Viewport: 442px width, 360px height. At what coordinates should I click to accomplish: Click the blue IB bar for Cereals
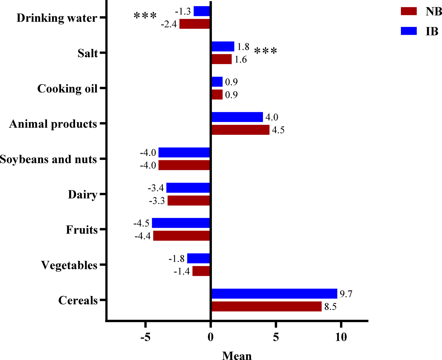(274, 294)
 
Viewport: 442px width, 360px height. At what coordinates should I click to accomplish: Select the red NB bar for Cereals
(266, 306)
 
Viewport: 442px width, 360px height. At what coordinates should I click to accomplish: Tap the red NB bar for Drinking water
(195, 24)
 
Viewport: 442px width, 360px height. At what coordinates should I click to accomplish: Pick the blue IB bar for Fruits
(181, 223)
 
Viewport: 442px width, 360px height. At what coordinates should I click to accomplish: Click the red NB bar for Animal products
(241, 130)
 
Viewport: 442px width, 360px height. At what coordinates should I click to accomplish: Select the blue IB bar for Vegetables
(199, 258)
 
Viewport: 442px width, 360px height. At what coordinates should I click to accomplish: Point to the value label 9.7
(346, 294)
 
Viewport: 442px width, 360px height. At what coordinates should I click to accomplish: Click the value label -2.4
(169, 25)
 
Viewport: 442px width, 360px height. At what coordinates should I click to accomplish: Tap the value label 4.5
(278, 130)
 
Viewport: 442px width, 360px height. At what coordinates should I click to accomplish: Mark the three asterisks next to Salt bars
(265, 51)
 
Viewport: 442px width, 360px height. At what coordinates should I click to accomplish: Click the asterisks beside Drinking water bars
(145, 16)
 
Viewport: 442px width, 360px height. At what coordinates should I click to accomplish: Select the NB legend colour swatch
(409, 11)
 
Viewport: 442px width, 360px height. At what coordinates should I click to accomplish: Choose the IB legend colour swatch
(409, 31)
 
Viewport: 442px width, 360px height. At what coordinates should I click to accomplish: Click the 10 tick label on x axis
(341, 337)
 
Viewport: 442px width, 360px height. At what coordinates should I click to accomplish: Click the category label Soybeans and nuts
(48, 159)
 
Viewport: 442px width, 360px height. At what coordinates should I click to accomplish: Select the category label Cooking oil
(67, 89)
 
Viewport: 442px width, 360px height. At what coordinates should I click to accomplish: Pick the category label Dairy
(83, 194)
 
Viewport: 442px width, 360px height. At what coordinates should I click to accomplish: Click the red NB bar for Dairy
(189, 201)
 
